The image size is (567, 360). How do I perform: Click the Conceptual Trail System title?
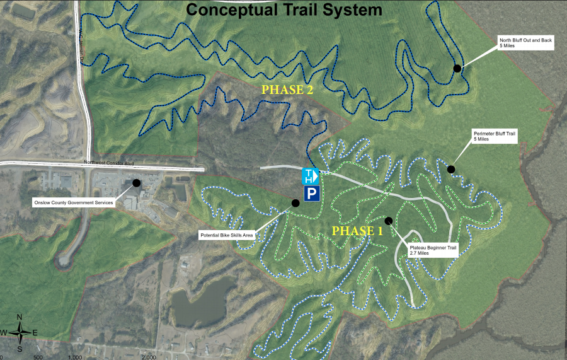[x=284, y=10]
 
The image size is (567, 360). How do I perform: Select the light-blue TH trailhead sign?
[x=311, y=176]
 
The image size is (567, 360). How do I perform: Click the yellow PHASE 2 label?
[x=287, y=90]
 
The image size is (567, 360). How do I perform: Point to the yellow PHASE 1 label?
[x=357, y=231]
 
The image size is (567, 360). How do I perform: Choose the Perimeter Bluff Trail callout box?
[x=495, y=136]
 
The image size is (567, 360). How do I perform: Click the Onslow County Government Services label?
[x=73, y=202]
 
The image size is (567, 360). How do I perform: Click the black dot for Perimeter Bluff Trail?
[x=451, y=169]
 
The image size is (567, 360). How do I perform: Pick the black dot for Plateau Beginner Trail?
[x=389, y=221]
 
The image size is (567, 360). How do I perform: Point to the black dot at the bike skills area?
[x=295, y=202]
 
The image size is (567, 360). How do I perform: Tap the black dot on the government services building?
[x=136, y=183]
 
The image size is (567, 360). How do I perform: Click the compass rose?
[x=20, y=331]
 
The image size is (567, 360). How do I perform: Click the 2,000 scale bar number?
[x=149, y=356]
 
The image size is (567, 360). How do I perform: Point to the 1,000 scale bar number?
[x=75, y=356]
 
